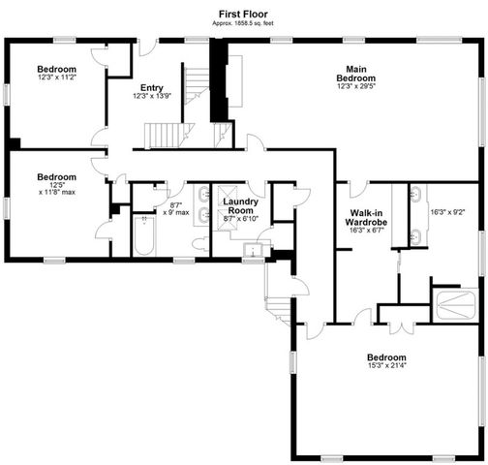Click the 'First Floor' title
pyautogui.click(x=243, y=14)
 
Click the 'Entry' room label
pyautogui.click(x=151, y=87)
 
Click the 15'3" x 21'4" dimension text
pyautogui.click(x=385, y=365)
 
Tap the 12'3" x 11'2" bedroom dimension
pyautogui.click(x=56, y=78)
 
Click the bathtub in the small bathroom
pyautogui.click(x=144, y=236)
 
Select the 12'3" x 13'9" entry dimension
pyautogui.click(x=151, y=96)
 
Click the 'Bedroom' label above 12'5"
pyautogui.click(x=56, y=177)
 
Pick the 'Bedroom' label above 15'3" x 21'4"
pyautogui.click(x=385, y=356)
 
